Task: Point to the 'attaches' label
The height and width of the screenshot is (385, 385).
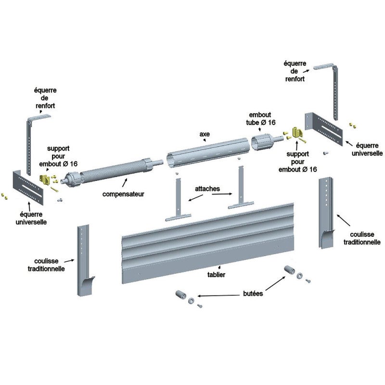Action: (x=208, y=189)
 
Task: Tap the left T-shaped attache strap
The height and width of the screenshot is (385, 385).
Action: (x=178, y=202)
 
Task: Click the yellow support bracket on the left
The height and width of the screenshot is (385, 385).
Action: (x=45, y=179)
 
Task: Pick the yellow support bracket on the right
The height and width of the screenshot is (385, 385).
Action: (x=296, y=132)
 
